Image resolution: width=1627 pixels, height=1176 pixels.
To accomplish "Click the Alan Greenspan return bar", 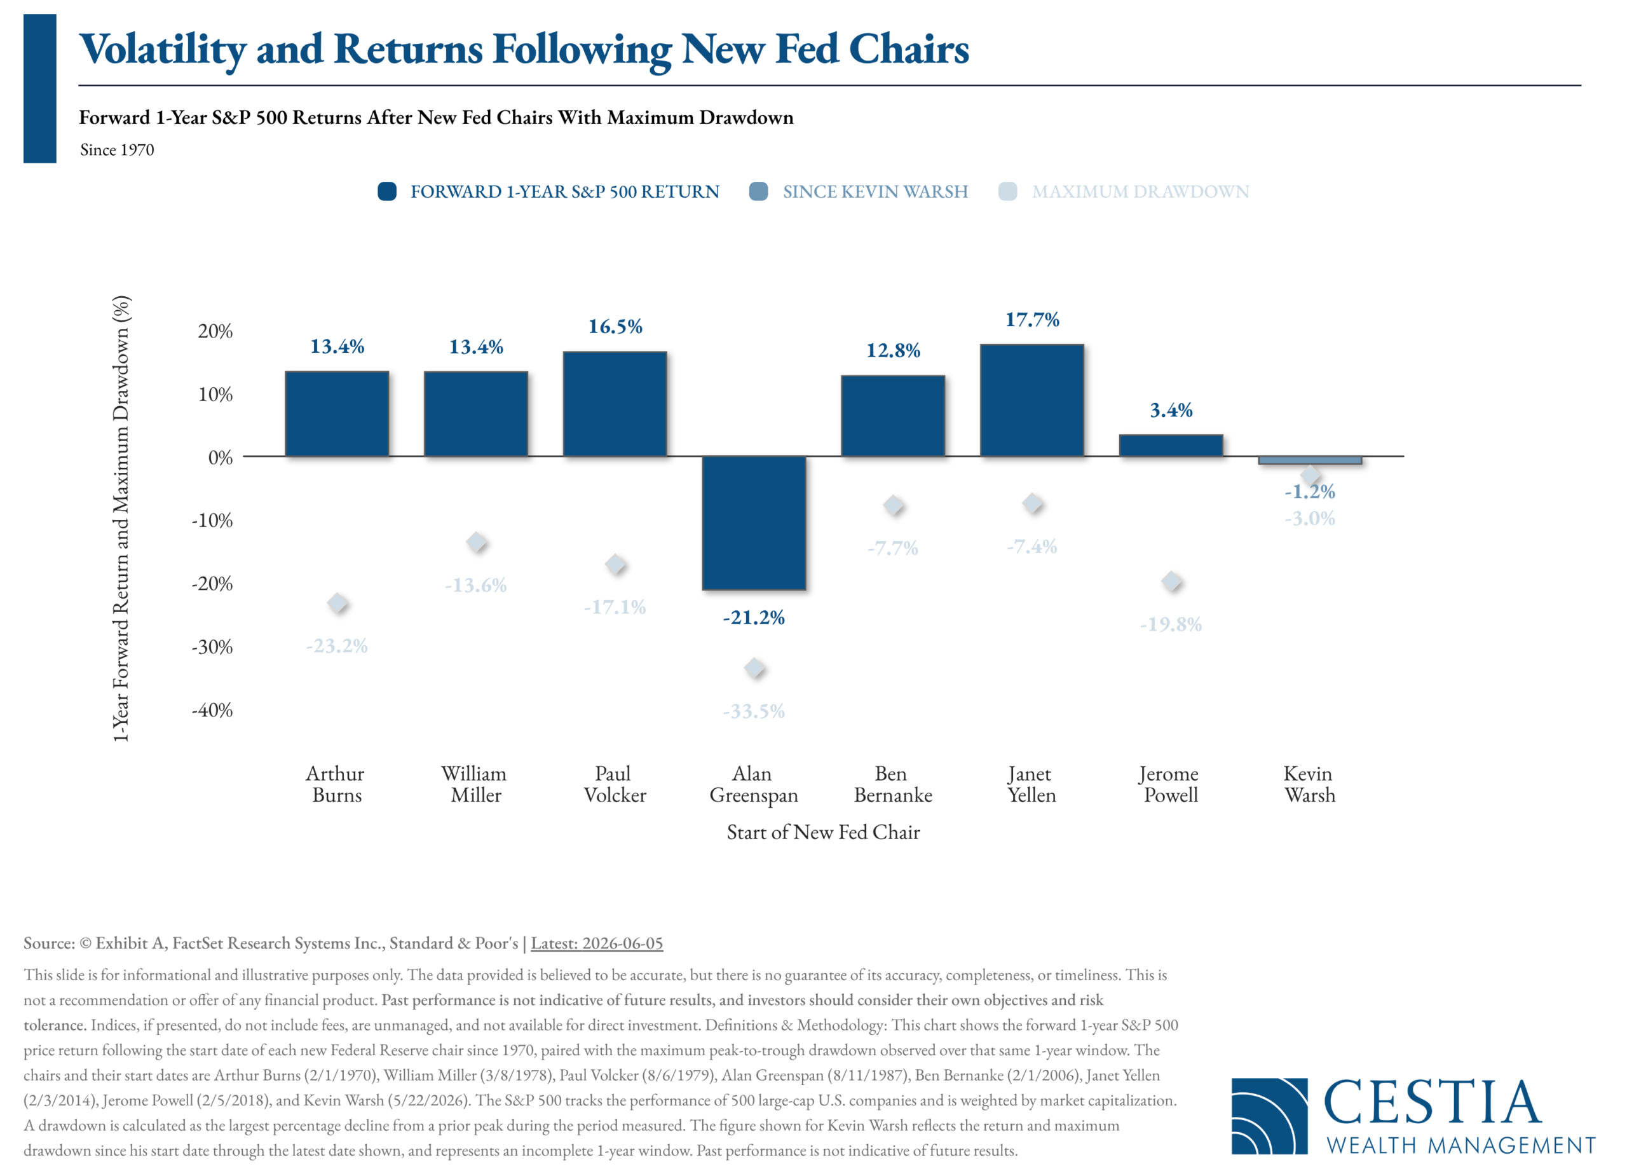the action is coord(754,523).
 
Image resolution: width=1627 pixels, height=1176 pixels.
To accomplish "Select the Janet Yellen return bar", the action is coord(1031,400).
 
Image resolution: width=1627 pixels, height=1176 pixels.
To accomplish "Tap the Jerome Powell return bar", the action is coord(1171,446).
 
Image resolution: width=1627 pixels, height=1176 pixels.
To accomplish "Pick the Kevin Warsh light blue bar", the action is coord(1310,460).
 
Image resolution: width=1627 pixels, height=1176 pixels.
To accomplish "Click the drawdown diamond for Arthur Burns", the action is coord(337,603).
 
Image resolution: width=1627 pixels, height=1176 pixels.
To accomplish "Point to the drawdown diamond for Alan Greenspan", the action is coord(754,668).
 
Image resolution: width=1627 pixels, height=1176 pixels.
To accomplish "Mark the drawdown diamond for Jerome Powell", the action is coord(1171,581).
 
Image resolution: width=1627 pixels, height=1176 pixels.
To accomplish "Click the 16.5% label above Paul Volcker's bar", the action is coord(615,327).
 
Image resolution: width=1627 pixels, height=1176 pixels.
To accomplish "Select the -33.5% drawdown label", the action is coord(754,711).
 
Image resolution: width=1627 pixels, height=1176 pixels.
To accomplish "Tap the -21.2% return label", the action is coord(754,617).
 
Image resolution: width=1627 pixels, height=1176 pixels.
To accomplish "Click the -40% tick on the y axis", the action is coord(212,710).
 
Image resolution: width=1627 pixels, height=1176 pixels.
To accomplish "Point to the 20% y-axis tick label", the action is coord(215,331).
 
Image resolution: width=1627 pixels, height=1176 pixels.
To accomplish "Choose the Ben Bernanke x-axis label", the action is coord(892,784).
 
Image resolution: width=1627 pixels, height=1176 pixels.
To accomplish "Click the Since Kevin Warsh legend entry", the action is coord(858,191).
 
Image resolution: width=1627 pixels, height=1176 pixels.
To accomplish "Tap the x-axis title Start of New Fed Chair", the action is coord(823,832).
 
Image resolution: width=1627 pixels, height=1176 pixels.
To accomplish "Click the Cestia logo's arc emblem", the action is coord(1269,1116).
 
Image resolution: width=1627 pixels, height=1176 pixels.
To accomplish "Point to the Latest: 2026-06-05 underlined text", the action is coord(597,943).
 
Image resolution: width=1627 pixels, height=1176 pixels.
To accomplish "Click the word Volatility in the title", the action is coord(163,50).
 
